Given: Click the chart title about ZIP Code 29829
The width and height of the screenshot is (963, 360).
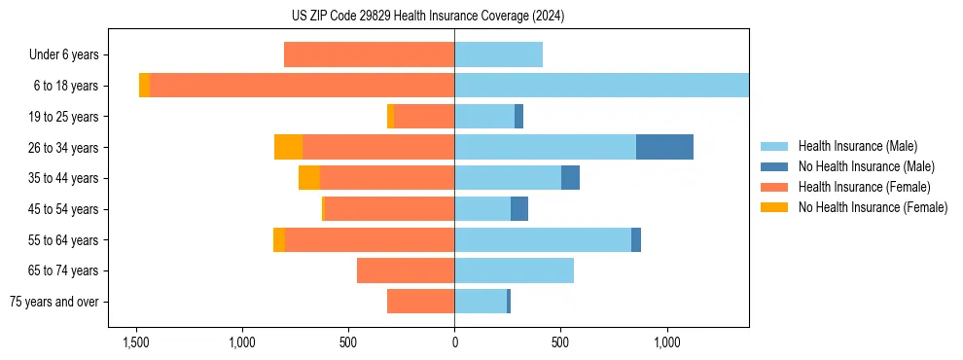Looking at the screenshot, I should (454, 17).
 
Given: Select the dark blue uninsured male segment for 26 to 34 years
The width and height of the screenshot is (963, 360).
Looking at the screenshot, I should (664, 147).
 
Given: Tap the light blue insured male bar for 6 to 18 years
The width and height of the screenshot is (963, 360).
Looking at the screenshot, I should (601, 86).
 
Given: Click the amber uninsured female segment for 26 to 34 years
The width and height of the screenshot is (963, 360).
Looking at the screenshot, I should (288, 147).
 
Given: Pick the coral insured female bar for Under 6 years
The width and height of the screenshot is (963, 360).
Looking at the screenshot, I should (369, 54).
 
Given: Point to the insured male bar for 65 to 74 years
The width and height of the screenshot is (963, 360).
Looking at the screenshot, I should (514, 270).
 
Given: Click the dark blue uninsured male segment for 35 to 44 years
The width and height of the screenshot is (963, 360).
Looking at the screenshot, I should (570, 178).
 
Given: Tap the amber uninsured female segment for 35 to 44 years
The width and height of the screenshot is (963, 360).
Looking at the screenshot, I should (309, 178).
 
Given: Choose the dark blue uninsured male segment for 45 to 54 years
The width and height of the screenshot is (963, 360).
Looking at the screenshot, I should (519, 209).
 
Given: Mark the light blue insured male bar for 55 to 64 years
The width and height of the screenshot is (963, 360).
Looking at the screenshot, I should (543, 239).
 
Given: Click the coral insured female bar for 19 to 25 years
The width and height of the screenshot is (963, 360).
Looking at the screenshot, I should (424, 117).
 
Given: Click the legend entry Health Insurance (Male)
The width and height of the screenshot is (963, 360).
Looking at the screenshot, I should (857, 146).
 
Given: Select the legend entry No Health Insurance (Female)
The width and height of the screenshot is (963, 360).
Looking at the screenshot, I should (873, 207).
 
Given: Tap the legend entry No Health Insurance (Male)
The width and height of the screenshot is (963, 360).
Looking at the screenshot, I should (866, 166).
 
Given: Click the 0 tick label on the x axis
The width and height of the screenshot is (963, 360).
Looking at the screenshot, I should (454, 343).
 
